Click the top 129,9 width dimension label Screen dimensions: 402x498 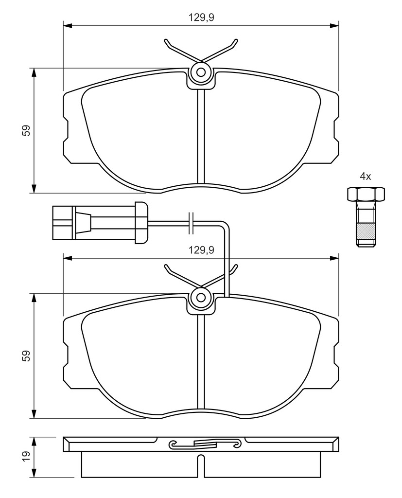tap(201, 18)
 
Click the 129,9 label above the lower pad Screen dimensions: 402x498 tap(201, 250)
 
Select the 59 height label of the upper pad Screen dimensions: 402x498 tap(26, 130)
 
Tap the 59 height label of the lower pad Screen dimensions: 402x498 tap(26, 356)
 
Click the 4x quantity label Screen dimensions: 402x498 tap(365, 176)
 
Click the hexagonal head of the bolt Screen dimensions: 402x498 tap(366, 194)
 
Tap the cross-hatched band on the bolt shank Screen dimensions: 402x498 tap(366, 231)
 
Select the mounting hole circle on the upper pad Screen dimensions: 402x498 tap(201, 72)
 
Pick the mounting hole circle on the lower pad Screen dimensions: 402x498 tap(201, 298)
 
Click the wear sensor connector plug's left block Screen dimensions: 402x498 tap(64, 223)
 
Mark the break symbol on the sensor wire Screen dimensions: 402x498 tap(191, 223)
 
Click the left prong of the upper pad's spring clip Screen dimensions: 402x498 tap(181, 51)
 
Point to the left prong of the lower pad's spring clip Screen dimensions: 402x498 tap(181, 276)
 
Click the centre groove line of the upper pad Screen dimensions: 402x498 tap(201, 137)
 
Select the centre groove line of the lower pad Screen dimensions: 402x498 tap(201, 362)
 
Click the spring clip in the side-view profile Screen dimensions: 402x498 tap(204, 444)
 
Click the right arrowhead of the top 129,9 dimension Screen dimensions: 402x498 tap(334, 25)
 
